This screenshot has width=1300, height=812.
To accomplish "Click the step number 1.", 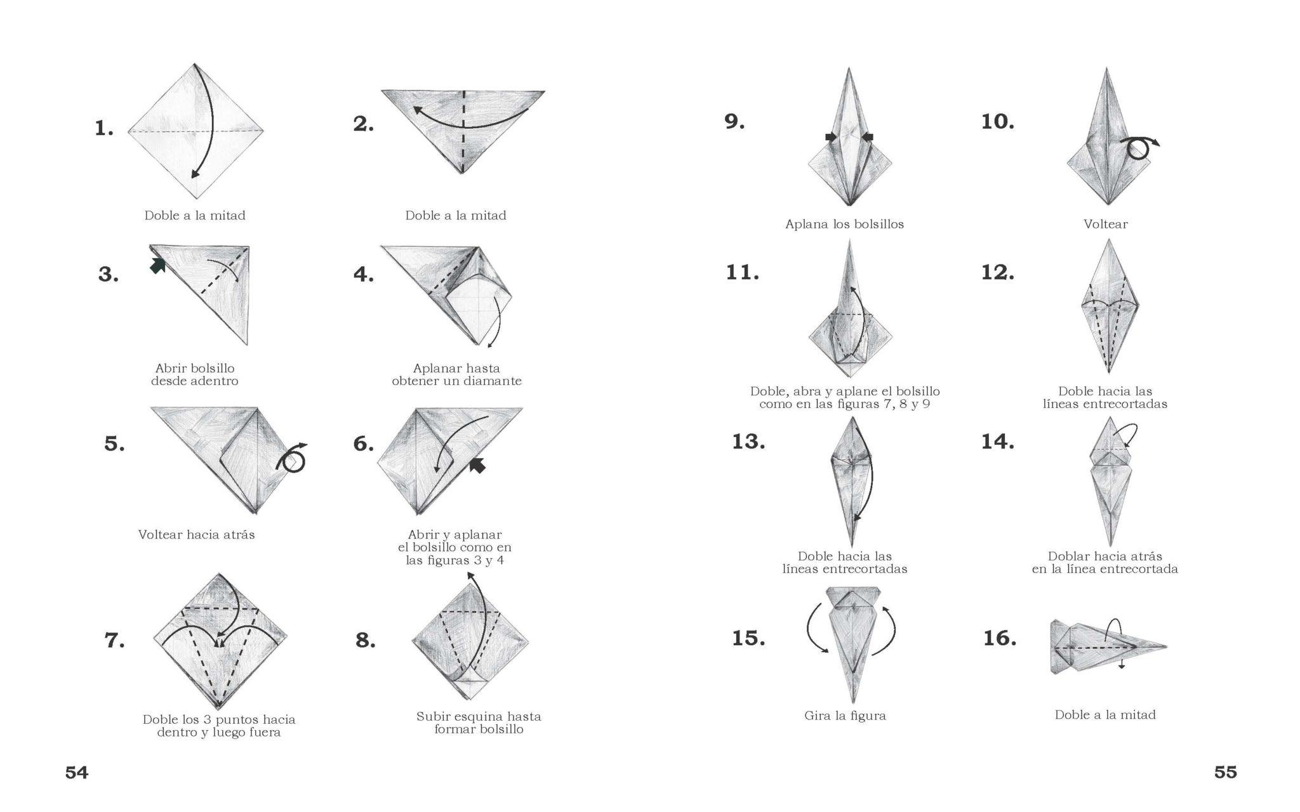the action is (x=104, y=129).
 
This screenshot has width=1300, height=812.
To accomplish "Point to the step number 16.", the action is (x=1000, y=638).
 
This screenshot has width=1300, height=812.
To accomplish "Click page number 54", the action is (x=77, y=773).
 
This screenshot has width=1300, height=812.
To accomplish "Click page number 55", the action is (x=1226, y=773).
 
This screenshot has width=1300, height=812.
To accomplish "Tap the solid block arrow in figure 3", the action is (x=157, y=265).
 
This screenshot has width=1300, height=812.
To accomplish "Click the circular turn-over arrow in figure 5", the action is (x=291, y=458).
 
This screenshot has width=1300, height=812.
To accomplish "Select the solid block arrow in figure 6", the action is (x=477, y=466).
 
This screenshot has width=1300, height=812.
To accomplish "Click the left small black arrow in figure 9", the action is (x=831, y=137).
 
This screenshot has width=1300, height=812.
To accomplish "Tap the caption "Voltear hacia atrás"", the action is (x=197, y=535).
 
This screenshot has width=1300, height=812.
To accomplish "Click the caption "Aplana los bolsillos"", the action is (x=844, y=224).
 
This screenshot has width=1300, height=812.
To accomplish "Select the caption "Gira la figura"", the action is (x=845, y=716).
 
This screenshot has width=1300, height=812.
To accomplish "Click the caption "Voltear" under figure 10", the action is (x=1106, y=224).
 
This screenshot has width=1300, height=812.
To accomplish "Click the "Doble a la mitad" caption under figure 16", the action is (x=1105, y=715).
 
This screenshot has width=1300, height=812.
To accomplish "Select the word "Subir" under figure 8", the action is (x=434, y=717).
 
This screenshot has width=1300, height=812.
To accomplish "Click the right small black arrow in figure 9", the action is (x=868, y=137).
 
